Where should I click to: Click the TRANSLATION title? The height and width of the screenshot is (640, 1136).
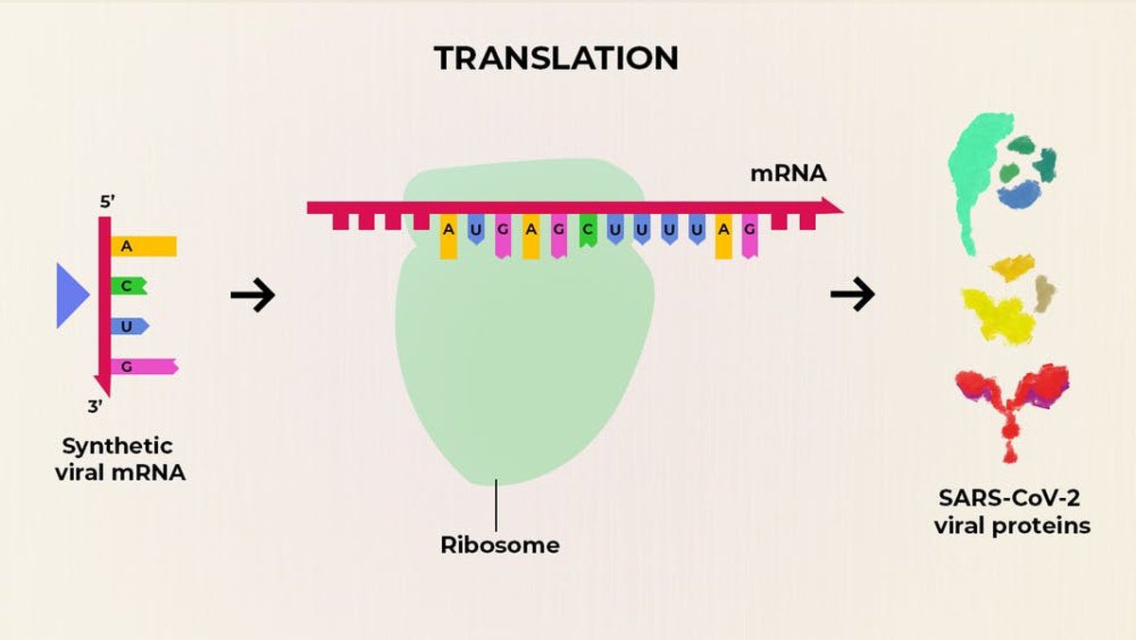(x=557, y=58)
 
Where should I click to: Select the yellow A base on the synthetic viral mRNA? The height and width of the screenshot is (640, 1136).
(x=143, y=246)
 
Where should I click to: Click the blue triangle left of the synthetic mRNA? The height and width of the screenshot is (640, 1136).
(x=71, y=295)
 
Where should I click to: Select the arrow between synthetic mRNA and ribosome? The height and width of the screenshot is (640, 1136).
(x=252, y=296)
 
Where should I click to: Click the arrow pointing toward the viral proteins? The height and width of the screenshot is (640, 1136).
(x=852, y=296)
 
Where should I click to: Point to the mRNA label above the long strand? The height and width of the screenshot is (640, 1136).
(x=788, y=174)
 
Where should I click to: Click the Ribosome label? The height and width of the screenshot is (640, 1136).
(x=500, y=545)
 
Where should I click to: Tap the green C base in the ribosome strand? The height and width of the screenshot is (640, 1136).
(x=588, y=232)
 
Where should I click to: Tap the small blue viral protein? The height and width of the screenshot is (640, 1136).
(x=1019, y=194)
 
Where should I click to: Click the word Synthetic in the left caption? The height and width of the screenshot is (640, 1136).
(x=117, y=446)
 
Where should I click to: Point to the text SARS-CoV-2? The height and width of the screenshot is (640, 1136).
(x=1012, y=499)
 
